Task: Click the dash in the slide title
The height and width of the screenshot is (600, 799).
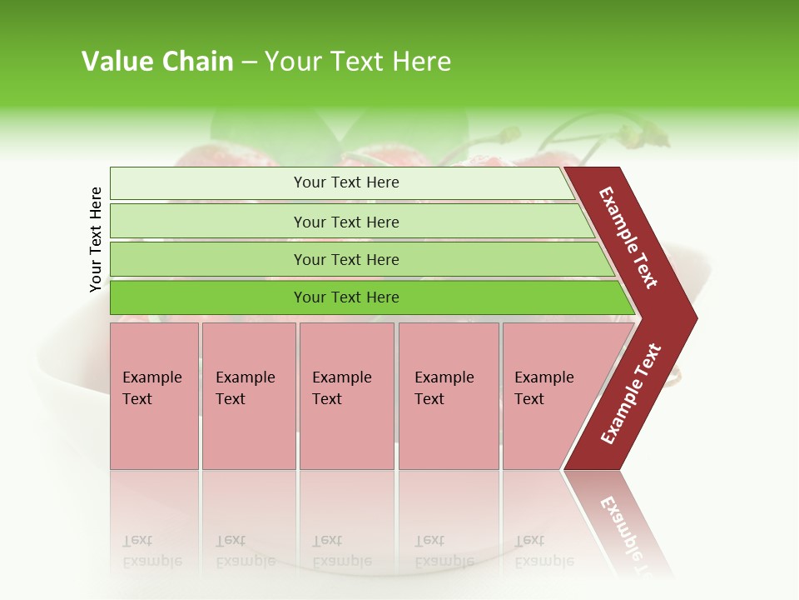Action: click(x=249, y=62)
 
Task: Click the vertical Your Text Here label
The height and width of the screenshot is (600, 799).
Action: click(x=96, y=239)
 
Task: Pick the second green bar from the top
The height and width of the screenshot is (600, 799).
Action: click(x=345, y=222)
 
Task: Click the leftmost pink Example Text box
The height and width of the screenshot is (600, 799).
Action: click(x=154, y=396)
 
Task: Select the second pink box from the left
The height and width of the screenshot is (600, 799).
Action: click(x=248, y=396)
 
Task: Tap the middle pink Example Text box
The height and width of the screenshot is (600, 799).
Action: click(x=346, y=396)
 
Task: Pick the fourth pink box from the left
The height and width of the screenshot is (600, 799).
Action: click(x=449, y=396)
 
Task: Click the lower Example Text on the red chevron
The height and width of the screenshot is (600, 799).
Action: click(x=631, y=393)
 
